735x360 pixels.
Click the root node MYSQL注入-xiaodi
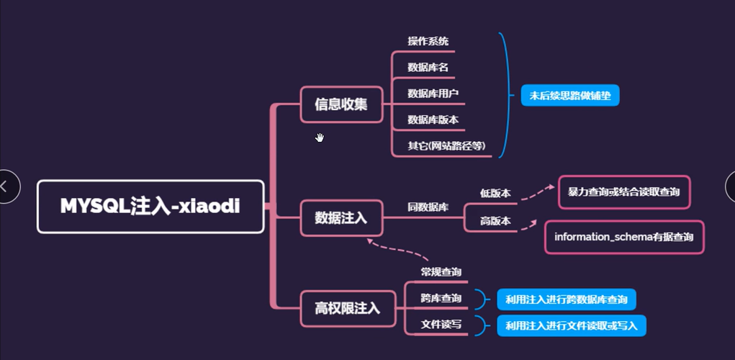pyautogui.click(x=150, y=207)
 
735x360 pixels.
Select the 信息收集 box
pyautogui.click(x=341, y=104)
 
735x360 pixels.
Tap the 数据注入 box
pyautogui.click(x=341, y=217)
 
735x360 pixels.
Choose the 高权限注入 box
pyautogui.click(x=347, y=309)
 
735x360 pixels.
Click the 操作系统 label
pyautogui.click(x=428, y=42)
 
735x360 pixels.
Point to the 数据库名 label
pyautogui.click(x=428, y=67)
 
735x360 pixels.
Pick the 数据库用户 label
pyautogui.click(x=433, y=94)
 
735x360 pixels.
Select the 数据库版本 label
pyautogui.click(x=433, y=120)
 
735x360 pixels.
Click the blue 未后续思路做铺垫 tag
pyautogui.click(x=570, y=95)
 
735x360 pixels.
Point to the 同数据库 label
pyautogui.click(x=428, y=207)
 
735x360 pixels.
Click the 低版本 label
pyautogui.click(x=495, y=193)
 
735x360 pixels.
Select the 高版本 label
pyautogui.click(x=495, y=221)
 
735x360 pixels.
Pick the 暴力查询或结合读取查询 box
pyautogui.click(x=623, y=193)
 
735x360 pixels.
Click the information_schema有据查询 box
pyautogui.click(x=624, y=237)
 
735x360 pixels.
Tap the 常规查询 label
pyautogui.click(x=441, y=271)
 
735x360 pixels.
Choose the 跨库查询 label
pyautogui.click(x=441, y=298)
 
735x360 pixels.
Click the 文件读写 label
pyautogui.click(x=441, y=325)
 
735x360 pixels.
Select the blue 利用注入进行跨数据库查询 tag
pyautogui.click(x=567, y=299)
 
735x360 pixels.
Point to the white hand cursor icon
pyautogui.click(x=320, y=138)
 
